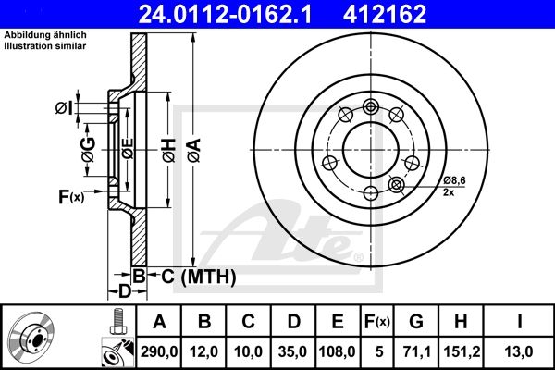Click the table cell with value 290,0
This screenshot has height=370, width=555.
(159, 351)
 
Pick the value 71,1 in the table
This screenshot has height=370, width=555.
(416, 351)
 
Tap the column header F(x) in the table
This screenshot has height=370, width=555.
(376, 321)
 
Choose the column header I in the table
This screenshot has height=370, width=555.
(519, 321)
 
